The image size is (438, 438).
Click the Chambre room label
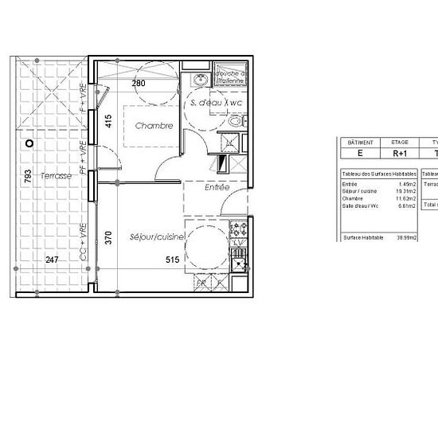[x=154, y=126]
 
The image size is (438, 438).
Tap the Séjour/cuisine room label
[x=153, y=237]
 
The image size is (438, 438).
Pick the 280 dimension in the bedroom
[x=139, y=84]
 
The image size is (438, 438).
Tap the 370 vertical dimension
[x=108, y=237]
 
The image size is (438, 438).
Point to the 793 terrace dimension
[x=28, y=175]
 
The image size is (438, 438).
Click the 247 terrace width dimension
[x=51, y=260]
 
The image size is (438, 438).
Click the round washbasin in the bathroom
[x=199, y=80]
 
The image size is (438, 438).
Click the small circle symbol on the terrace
[x=29, y=143]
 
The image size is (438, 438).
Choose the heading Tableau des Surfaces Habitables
[x=378, y=174]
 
